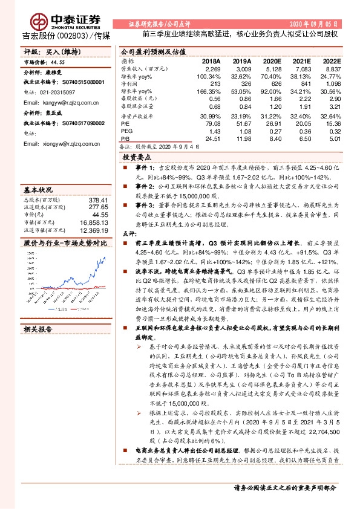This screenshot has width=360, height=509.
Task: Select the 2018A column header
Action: [211, 62]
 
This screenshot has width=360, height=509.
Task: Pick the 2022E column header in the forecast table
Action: [331, 62]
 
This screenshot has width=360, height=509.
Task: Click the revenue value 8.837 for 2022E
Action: [333, 69]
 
